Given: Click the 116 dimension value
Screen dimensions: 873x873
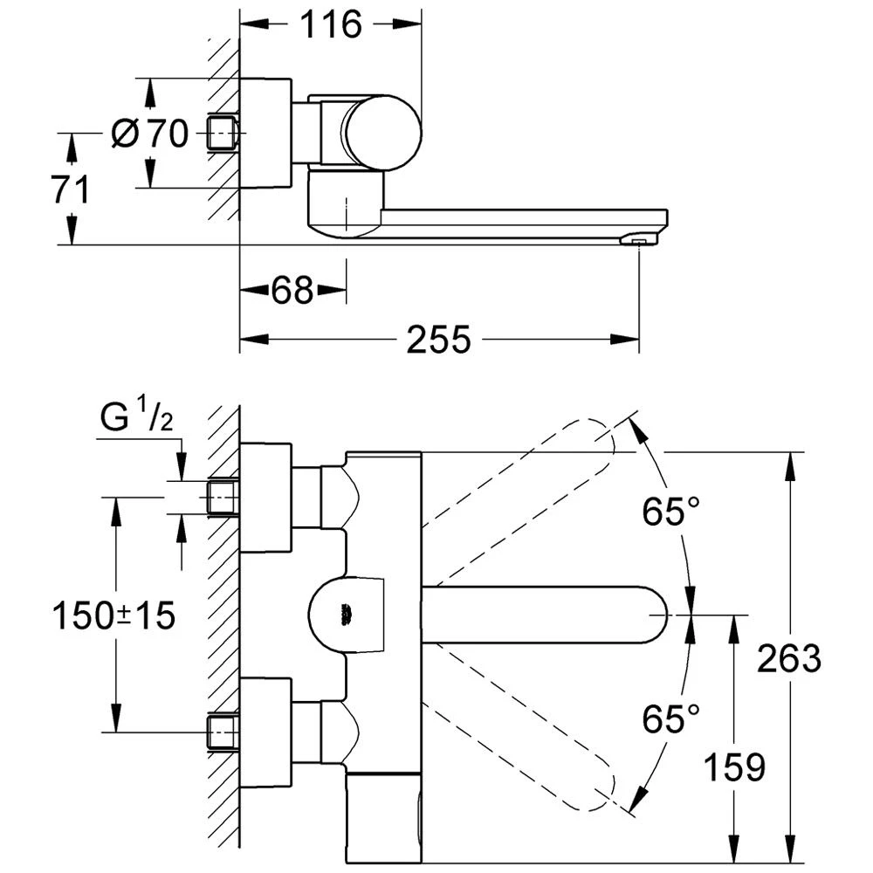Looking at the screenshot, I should [331, 24].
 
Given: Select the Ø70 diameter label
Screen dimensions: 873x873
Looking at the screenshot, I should [150, 134].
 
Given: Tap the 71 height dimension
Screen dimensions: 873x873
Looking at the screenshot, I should [70, 189].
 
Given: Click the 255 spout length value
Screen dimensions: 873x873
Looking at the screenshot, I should [438, 340].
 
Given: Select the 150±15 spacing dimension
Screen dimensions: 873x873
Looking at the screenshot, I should [114, 616].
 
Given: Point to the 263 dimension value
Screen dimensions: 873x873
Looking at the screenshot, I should [789, 658].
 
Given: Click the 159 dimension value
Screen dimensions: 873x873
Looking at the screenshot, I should [732, 766].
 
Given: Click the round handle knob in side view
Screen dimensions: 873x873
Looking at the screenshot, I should [381, 133].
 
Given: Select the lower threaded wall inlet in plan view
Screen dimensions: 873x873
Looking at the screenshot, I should [223, 731].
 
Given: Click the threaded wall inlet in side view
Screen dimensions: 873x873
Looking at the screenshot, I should [223, 134].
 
